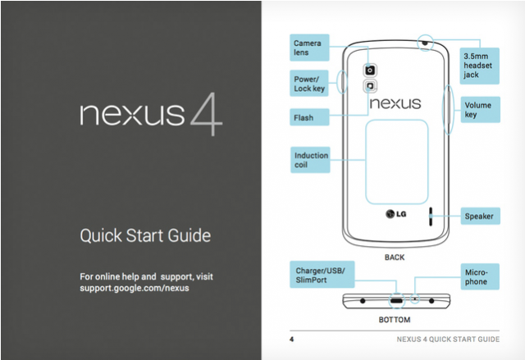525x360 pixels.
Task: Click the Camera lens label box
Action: pyautogui.click(x=309, y=48)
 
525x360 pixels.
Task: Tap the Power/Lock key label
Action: pyautogui.click(x=309, y=84)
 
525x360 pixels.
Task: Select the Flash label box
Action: pyautogui.click(x=309, y=117)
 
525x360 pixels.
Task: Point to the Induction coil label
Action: pyautogui.click(x=310, y=160)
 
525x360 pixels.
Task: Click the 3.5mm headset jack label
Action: pyautogui.click(x=479, y=66)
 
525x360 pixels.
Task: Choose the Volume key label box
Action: pyautogui.click(x=481, y=110)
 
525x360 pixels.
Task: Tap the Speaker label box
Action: pyautogui.click(x=481, y=216)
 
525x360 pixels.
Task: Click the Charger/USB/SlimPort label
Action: pyautogui.click(x=322, y=275)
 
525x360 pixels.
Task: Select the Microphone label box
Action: pyautogui.click(x=480, y=276)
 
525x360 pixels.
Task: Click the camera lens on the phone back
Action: pyautogui.click(x=370, y=71)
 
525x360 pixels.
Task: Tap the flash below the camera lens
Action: pyautogui.click(x=370, y=86)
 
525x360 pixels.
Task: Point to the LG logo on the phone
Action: pyautogui.click(x=395, y=213)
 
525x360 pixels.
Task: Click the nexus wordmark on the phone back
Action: pyautogui.click(x=395, y=103)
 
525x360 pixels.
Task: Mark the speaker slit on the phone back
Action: pyautogui.click(x=431, y=216)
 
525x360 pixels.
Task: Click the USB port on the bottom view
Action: pyautogui.click(x=396, y=300)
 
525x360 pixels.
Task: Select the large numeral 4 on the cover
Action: pyautogui.click(x=207, y=114)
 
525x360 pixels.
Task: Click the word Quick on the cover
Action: pyautogui.click(x=101, y=235)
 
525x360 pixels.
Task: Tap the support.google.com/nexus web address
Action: pyautogui.click(x=135, y=288)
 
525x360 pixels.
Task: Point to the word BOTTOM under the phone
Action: pyautogui.click(x=395, y=320)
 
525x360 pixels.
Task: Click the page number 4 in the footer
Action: pyautogui.click(x=292, y=339)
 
